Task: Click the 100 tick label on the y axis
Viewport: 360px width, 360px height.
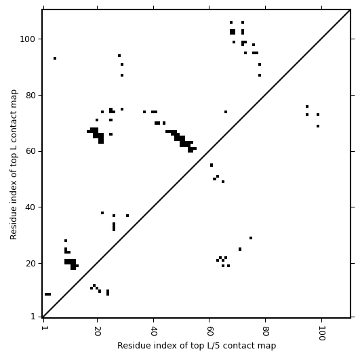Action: coord(28,39)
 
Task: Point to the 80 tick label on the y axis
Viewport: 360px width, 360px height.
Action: coord(31,96)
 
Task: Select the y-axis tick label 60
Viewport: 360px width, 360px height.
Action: coord(31,152)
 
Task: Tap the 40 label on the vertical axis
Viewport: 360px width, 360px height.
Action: coord(31,207)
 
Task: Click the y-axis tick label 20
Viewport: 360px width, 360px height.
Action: coord(31,264)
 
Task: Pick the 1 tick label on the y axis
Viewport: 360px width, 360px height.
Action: coord(33,317)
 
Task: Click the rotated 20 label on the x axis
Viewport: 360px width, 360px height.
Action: coord(98,331)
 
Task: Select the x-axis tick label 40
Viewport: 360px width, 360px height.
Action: coord(153,331)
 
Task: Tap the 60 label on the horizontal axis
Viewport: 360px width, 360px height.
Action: coord(209,331)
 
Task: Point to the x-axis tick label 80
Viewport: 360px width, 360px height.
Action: coord(265,331)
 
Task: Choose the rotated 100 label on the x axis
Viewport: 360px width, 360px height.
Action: coord(321,333)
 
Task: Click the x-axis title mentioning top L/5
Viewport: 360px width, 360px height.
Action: coord(197,346)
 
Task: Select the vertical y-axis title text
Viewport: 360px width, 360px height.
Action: coord(14,164)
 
